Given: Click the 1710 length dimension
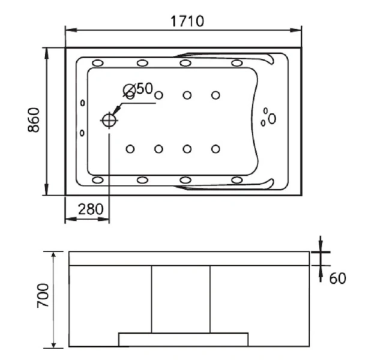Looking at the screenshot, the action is (x=187, y=21).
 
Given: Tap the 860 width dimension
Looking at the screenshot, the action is (x=34, y=119).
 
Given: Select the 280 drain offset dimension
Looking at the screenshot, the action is (x=91, y=209).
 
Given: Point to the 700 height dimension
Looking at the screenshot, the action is (x=43, y=295).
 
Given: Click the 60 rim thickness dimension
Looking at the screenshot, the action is (x=337, y=278).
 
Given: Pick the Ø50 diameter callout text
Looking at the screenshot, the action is (x=138, y=89).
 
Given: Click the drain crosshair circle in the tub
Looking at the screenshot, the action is (x=109, y=121).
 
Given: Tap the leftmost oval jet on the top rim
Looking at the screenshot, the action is (x=98, y=63).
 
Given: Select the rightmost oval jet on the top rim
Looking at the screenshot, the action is (x=237, y=63).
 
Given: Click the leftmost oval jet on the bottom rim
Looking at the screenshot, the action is (x=98, y=180).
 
